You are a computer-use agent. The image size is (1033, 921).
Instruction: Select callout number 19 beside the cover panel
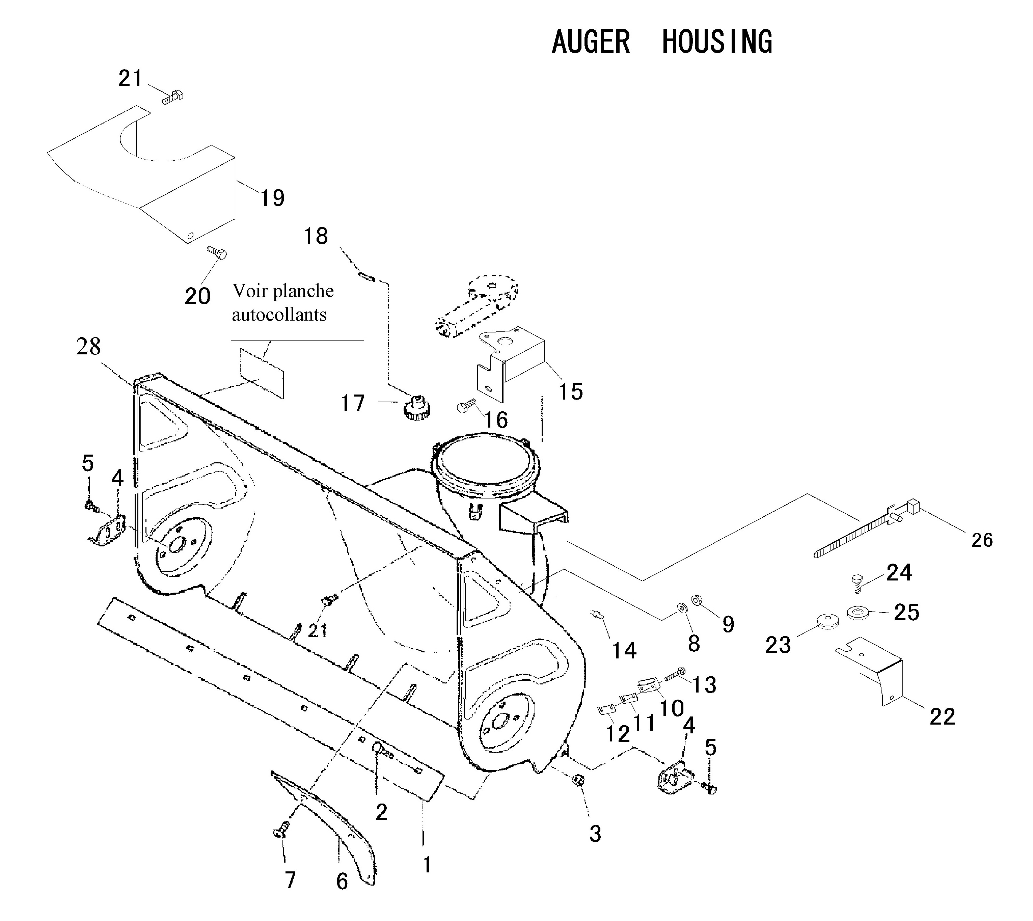coord(272,197)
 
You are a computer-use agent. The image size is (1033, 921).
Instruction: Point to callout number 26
coord(982,540)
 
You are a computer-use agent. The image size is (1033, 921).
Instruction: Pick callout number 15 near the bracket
coord(570,391)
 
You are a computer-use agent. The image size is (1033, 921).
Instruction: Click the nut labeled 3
coord(576,780)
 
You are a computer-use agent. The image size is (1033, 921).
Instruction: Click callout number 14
coord(624,650)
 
